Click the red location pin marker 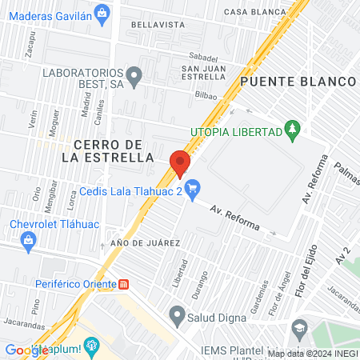[x=180, y=164]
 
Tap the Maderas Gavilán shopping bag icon [x=102, y=13]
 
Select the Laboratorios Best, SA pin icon [x=134, y=77]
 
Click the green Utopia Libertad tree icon [x=292, y=130]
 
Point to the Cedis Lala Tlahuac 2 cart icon [x=191, y=190]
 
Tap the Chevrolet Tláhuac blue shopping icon [x=29, y=240]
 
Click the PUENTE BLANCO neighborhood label [x=297, y=82]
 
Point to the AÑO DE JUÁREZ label [x=146, y=242]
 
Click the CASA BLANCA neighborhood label [x=254, y=12]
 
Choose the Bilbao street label [x=206, y=94]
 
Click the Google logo [x=26, y=350]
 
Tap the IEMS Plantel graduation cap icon [x=299, y=327]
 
